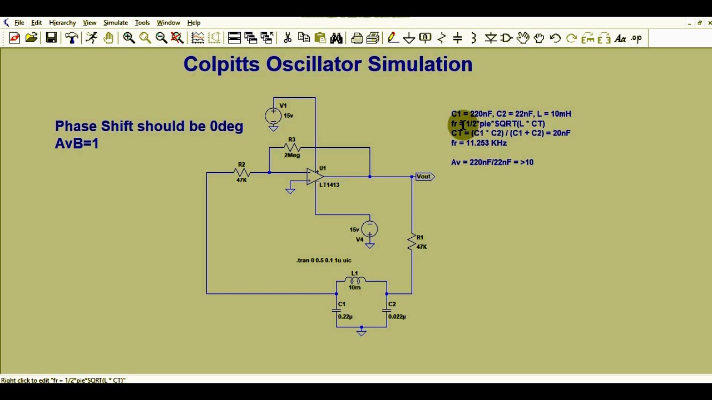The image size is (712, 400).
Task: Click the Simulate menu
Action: pos(115,23)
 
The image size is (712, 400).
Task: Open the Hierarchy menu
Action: pos(62,23)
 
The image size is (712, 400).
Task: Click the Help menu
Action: pos(194,23)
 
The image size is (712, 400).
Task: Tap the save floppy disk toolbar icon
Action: pos(51,38)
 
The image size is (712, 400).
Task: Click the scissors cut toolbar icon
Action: pos(288,38)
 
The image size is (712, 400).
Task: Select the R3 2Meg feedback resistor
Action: pos(292,148)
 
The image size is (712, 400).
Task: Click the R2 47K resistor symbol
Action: pos(242,173)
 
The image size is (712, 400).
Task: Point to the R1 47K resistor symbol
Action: pos(412,242)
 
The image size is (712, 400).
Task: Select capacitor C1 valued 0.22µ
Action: pos(336,310)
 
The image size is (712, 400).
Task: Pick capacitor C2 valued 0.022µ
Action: pos(387,310)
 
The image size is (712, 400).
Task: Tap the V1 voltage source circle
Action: pos(273,116)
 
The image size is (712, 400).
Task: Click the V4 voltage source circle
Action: pos(370,229)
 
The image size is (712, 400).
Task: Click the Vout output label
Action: pos(424,177)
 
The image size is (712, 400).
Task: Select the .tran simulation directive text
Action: pos(324,260)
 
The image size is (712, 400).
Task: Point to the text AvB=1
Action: pos(77,143)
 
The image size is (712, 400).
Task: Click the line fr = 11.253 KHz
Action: pos(478,143)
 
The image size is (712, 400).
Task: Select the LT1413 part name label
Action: pos(329,184)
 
